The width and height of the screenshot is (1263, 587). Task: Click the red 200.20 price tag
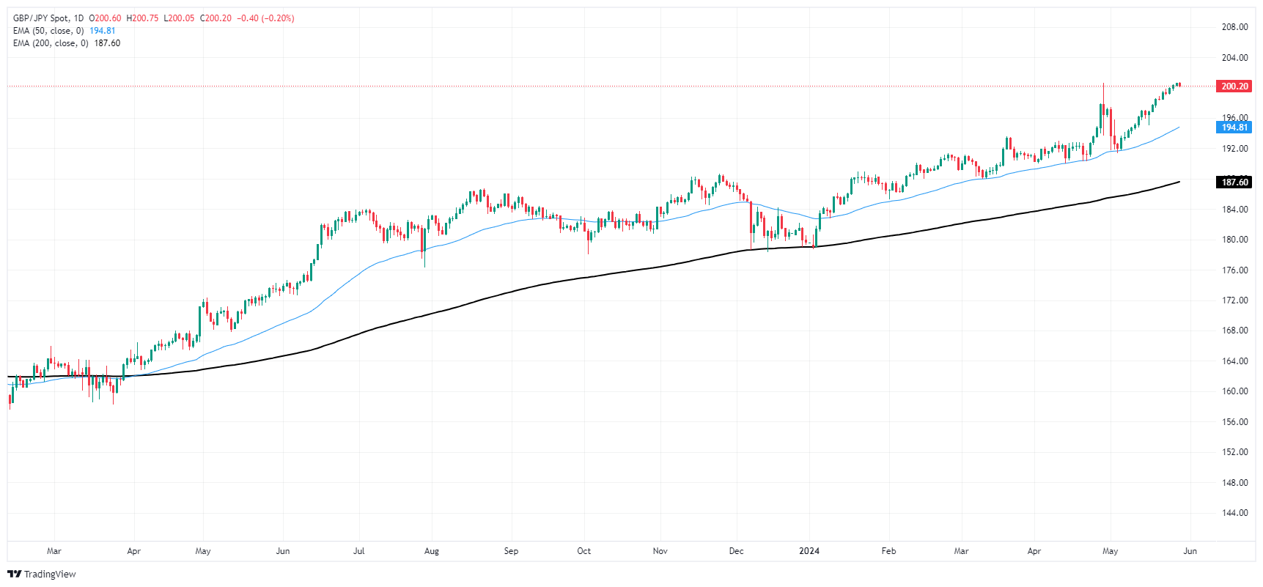(1234, 86)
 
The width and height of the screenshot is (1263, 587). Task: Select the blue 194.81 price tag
(1234, 128)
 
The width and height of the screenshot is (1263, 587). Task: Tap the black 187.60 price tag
(1234, 182)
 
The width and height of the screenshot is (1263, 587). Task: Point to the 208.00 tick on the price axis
(1234, 27)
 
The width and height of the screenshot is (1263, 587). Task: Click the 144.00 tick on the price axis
(1234, 513)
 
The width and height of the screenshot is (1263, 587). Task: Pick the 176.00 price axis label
(1234, 270)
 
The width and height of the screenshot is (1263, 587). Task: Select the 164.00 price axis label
(1234, 361)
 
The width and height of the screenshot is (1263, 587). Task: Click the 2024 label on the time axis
(809, 551)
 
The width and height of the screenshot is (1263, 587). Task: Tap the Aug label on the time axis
(432, 551)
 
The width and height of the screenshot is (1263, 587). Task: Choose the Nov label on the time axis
(660, 551)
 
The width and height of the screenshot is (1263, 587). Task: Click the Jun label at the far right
(1190, 551)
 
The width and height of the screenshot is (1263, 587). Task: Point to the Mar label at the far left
(54, 551)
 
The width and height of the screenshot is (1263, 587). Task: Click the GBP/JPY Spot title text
(41, 18)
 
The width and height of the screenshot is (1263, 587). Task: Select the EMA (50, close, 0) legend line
(48, 31)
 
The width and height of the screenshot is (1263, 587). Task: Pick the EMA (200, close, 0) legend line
(51, 43)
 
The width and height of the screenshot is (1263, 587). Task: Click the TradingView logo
(42, 574)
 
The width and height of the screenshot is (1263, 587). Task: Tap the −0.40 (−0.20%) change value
(265, 18)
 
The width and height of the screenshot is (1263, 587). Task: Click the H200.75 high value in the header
(142, 18)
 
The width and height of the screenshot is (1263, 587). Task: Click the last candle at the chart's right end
(1179, 85)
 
